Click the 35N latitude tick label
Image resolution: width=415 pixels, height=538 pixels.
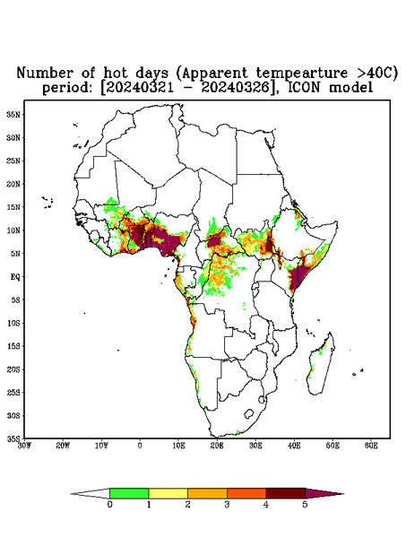coord(13,114)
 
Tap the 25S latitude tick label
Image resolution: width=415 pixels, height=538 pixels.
coord(13,392)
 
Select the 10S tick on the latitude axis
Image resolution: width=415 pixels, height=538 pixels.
coord(13,323)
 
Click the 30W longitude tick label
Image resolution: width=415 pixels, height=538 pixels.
coord(24,446)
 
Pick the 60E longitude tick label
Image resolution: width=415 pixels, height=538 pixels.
coord(371,446)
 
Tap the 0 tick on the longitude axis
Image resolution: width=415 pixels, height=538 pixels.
coord(140,446)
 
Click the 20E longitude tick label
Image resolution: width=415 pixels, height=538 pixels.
coord(217,446)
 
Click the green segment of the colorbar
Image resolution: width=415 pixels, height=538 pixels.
coord(129,493)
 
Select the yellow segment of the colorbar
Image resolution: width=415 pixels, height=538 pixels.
coord(168,493)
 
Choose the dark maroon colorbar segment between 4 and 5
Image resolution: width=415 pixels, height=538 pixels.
coord(286,493)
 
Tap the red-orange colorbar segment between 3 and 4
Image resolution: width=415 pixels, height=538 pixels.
coord(246,493)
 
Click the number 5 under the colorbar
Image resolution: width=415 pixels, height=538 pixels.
coord(305,505)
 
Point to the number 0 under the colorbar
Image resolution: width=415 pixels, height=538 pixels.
coord(109,505)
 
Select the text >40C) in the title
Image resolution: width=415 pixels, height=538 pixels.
coord(376,74)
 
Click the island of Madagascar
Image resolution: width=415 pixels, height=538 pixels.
coord(322,364)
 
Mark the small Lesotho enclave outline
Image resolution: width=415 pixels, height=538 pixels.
coord(249,413)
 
